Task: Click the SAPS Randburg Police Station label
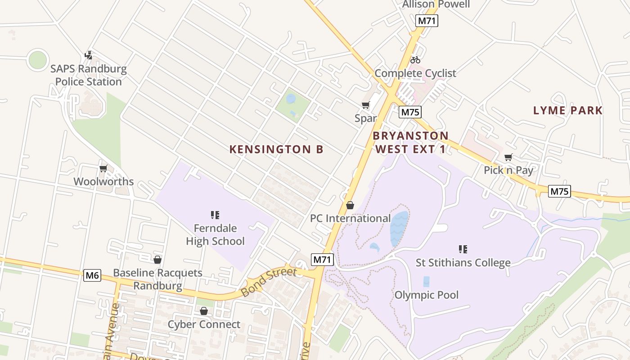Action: tap(88, 76)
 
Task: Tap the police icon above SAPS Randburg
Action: tap(89, 55)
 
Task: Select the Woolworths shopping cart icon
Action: tap(103, 169)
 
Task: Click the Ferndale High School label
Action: tap(215, 234)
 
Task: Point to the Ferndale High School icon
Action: tap(215, 215)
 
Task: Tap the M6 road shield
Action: tap(92, 275)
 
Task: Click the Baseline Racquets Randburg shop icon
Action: tap(157, 260)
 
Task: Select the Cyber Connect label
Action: tap(204, 324)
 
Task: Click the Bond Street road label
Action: tap(269, 282)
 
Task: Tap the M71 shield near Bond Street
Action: tap(322, 259)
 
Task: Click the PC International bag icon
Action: tap(350, 205)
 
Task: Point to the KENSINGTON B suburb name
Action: tap(276, 149)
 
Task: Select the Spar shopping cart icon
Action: tap(365, 105)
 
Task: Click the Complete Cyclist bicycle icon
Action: tap(415, 59)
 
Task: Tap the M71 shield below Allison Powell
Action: tap(427, 21)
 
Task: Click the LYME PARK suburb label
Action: tap(567, 110)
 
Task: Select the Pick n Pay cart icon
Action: tap(508, 157)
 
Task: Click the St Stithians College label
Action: tap(463, 262)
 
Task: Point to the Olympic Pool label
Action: tap(426, 295)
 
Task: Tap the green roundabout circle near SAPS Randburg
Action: tap(37, 60)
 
